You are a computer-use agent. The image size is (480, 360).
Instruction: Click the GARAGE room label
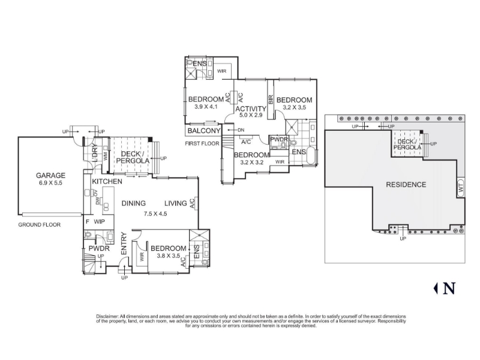[50, 175]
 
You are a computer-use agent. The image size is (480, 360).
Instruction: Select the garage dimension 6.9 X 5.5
[50, 183]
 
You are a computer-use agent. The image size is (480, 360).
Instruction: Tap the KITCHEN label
[107, 181]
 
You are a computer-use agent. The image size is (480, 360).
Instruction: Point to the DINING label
[133, 203]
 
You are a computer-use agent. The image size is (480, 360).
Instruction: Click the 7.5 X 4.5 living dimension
[155, 214]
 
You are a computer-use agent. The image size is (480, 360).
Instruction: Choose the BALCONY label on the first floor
[204, 131]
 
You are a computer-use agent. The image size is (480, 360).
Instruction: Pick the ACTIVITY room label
[251, 109]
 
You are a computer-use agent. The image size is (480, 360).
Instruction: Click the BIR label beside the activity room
[271, 100]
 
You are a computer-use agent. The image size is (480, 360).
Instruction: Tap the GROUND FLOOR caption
[39, 224]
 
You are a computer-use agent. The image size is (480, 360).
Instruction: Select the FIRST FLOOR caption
[202, 143]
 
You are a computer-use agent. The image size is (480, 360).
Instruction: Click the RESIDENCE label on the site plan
[406, 185]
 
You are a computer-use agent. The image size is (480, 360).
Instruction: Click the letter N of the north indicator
[449, 288]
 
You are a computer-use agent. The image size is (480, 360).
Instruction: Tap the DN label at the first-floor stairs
[241, 130]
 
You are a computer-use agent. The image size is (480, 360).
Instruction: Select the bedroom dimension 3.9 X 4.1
[206, 107]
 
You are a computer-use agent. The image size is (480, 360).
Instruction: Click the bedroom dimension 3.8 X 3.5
[169, 256]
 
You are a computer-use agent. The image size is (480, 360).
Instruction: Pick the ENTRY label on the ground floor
[124, 244]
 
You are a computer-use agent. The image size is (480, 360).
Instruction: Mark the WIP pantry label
[100, 221]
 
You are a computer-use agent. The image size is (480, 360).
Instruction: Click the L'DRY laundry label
[95, 153]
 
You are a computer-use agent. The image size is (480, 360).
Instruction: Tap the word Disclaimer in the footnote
[107, 316]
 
